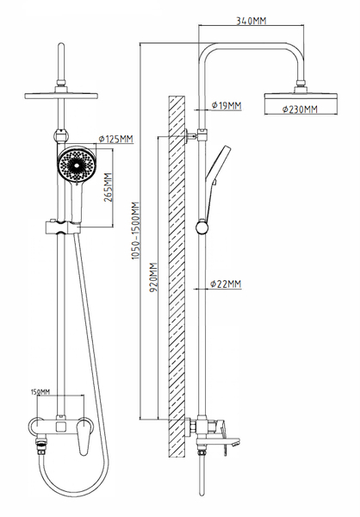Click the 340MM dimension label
tap(251, 21)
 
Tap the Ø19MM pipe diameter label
tap(227, 105)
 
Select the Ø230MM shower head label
tap(300, 109)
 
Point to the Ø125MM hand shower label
tap(116, 139)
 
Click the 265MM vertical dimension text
tap(109, 187)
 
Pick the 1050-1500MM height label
tap(135, 230)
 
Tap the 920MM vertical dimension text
tap(153, 277)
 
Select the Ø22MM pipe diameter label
tap(226, 283)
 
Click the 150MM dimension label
tap(40, 392)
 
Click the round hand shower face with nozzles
tap(78, 164)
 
